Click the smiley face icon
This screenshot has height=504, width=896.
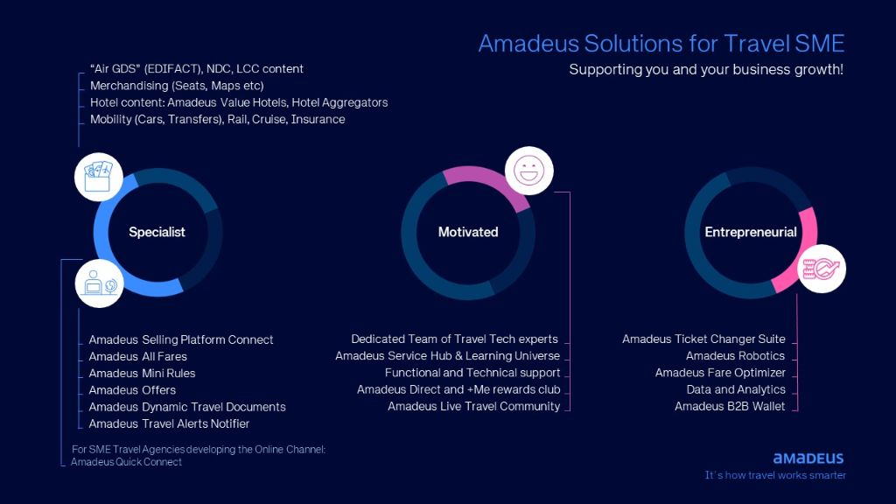coord(529,171)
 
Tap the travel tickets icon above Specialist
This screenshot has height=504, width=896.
coord(98,177)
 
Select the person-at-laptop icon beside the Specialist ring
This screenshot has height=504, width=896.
coord(100,283)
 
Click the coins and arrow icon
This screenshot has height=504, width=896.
coord(821,269)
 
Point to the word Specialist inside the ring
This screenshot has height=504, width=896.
coord(157,232)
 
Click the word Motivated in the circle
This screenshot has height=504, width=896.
coord(468,232)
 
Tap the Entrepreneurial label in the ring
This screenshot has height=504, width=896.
coord(750,232)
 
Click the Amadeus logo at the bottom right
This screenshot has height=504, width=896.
coord(808,458)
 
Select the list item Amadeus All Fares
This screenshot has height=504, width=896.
coord(137,357)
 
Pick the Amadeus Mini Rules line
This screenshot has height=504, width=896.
coord(142,373)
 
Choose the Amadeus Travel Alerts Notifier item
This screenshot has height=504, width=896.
coord(169,424)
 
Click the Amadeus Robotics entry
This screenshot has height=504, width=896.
coord(735,356)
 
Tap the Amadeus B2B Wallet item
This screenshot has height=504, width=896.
coord(730,406)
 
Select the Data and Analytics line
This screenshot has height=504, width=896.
coord(736,389)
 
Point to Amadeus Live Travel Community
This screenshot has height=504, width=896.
coord(473,406)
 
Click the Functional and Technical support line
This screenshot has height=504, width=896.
coord(472,373)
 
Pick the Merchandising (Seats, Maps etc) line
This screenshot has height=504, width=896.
coord(177,86)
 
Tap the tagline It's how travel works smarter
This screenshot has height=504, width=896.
coord(775,475)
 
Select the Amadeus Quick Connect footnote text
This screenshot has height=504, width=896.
coord(126,462)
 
